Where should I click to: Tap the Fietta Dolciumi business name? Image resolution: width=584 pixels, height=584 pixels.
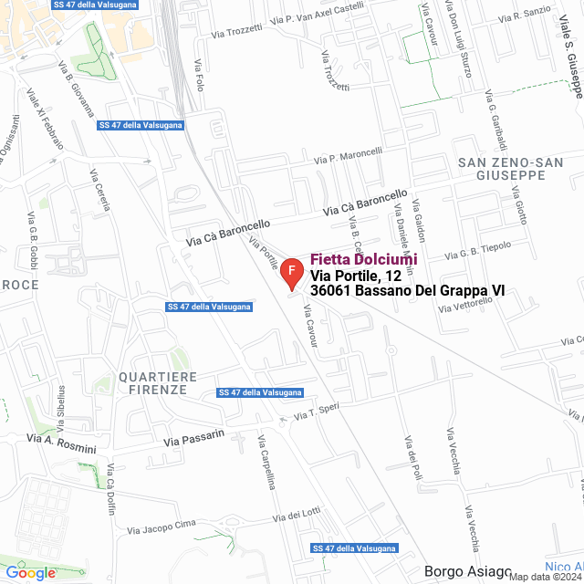(364, 260)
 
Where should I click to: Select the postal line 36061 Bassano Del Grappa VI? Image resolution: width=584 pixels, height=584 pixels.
(407, 290)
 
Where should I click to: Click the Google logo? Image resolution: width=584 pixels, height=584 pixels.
(30, 572)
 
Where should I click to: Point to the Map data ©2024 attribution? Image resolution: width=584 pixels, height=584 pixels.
(545, 577)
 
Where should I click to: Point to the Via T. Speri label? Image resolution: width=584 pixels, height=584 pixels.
(317, 412)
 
